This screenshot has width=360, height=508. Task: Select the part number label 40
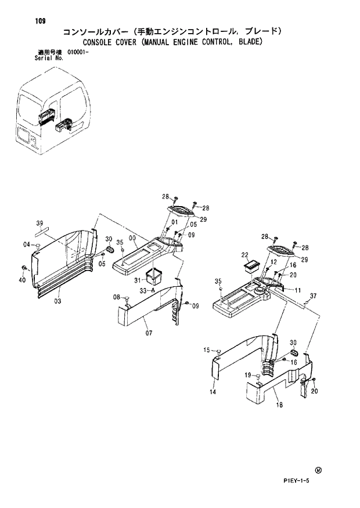(23, 280)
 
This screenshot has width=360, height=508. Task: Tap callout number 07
(149, 333)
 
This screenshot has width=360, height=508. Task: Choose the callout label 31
(138, 282)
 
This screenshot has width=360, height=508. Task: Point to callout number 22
(244, 255)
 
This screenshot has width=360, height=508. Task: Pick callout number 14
(213, 392)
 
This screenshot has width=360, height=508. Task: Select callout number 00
(132, 238)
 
